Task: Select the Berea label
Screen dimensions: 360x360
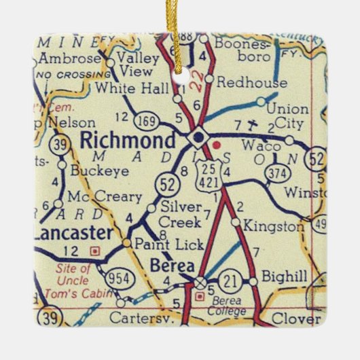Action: [x=171, y=264]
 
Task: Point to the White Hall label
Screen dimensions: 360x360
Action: [x=125, y=87]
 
